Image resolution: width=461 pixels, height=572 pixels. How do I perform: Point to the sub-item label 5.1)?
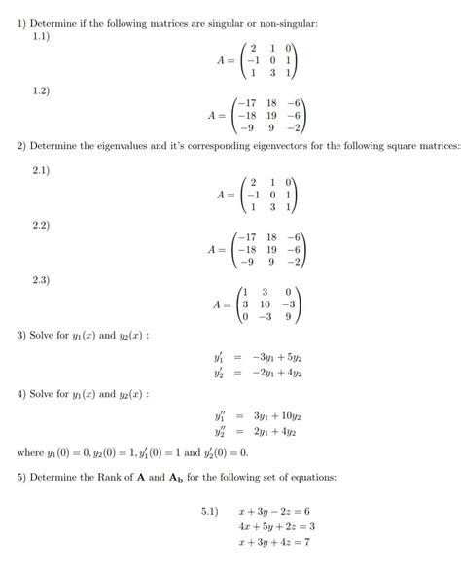(x=211, y=510)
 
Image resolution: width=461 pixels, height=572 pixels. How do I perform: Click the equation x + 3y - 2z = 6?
(x=273, y=510)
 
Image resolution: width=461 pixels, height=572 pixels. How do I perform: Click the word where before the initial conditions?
(x=31, y=451)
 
